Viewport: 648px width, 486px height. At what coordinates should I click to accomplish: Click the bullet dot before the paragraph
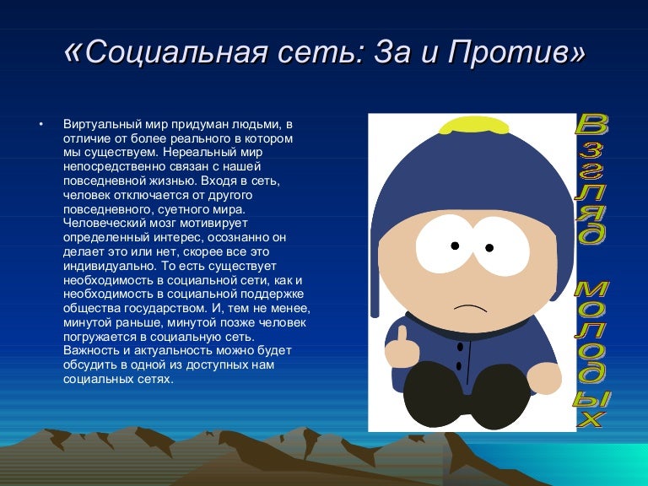(40, 124)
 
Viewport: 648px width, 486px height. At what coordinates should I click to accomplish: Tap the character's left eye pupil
(455, 246)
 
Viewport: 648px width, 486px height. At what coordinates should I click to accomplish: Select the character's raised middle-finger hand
(402, 344)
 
